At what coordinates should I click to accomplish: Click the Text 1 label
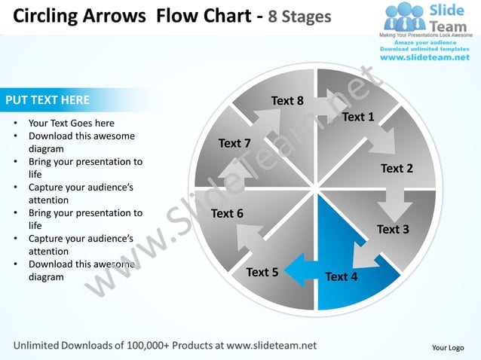(x=358, y=117)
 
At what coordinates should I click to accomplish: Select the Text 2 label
(x=397, y=168)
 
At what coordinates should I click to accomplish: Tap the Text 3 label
(x=393, y=229)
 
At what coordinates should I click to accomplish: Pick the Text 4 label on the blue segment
(x=342, y=276)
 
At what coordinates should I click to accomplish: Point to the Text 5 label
(x=262, y=272)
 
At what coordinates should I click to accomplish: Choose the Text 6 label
(x=227, y=213)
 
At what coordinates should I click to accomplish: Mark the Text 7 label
(x=234, y=143)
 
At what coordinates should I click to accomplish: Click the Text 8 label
(x=287, y=101)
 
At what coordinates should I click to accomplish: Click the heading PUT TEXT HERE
(x=47, y=99)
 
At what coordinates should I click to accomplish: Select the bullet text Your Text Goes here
(x=72, y=123)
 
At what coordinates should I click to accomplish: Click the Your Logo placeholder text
(x=448, y=347)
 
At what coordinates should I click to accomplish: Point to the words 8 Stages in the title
(x=296, y=16)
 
